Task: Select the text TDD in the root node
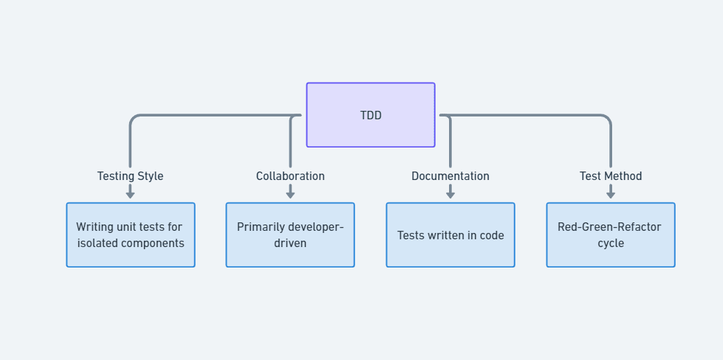click(371, 116)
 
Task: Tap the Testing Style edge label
click(130, 176)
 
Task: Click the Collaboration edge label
click(290, 176)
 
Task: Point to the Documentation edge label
click(450, 176)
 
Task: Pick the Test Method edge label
click(611, 176)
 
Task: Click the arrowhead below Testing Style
click(130, 194)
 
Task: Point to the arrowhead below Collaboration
click(290, 194)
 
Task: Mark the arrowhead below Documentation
click(450, 194)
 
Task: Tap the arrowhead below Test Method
click(611, 194)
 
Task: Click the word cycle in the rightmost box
click(611, 244)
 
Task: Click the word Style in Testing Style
click(150, 176)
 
